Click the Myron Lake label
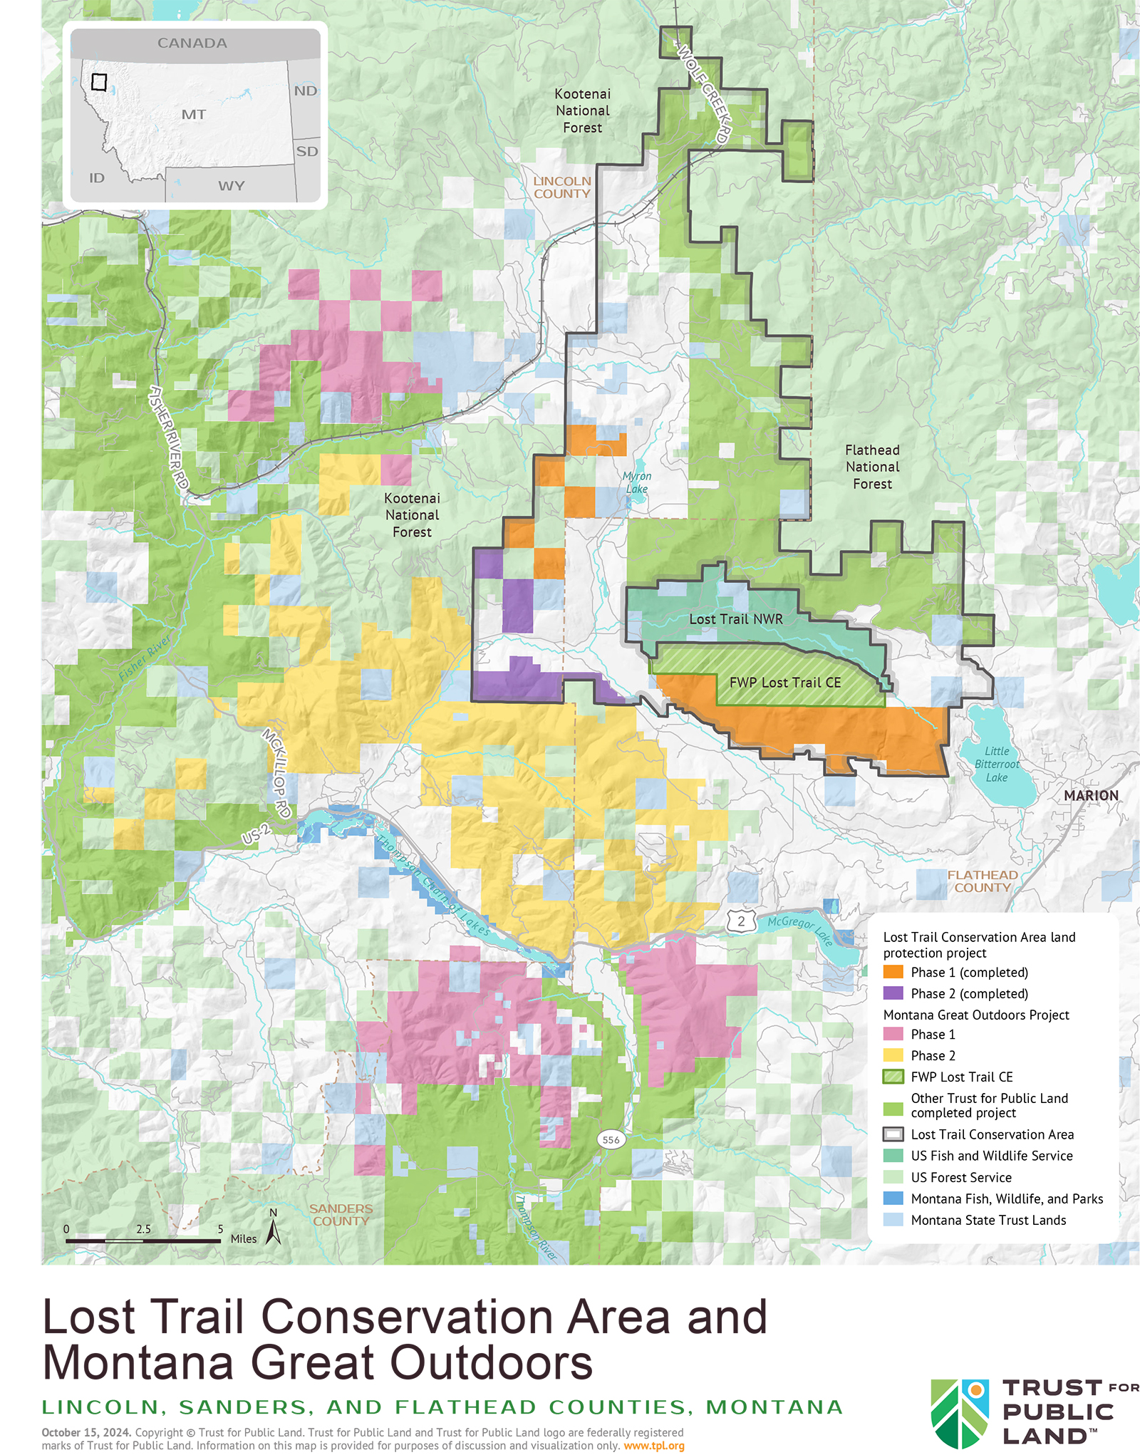(636, 482)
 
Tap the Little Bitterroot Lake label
(997, 764)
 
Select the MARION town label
(1091, 795)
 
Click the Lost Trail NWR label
(735, 619)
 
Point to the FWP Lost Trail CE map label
(784, 683)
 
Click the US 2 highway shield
(741, 921)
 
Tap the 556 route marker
(611, 1139)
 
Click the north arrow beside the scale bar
(273, 1231)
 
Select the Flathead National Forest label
(872, 467)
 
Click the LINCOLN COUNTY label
(562, 187)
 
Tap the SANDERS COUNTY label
(341, 1215)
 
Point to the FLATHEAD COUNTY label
(982, 881)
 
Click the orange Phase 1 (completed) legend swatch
(893, 972)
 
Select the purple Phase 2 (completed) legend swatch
(893, 993)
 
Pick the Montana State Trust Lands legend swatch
(893, 1220)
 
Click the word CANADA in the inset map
(192, 43)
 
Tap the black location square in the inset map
(99, 82)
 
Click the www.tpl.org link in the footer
(653, 1446)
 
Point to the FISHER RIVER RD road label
(169, 437)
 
